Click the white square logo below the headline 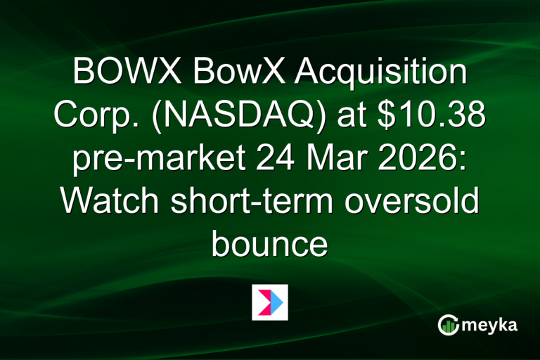(x=270, y=302)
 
